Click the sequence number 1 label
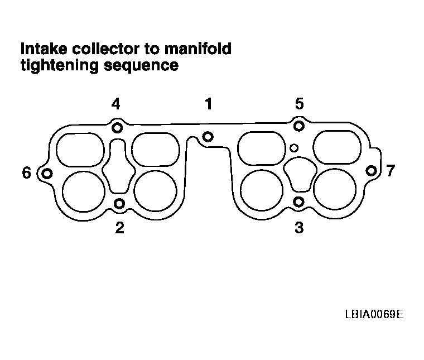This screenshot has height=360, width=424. tap(209, 104)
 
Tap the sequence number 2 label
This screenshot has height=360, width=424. tap(119, 228)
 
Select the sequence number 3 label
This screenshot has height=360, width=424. tap(299, 228)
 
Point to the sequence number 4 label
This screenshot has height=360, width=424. tap(115, 104)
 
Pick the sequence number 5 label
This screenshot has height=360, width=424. tap(300, 104)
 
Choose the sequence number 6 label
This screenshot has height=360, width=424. tap(27, 173)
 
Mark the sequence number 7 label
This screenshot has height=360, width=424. tap(390, 171)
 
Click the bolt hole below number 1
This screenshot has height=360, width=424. tap(208, 137)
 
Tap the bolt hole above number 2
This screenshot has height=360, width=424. tap(119, 203)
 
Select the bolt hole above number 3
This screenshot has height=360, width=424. tap(298, 202)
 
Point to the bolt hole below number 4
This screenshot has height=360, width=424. tap(117, 127)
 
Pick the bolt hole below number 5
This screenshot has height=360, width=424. tap(299, 126)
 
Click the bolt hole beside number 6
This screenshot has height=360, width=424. tap(47, 174)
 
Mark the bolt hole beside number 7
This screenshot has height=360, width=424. tap(371, 171)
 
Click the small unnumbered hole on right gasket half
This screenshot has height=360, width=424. tap(294, 148)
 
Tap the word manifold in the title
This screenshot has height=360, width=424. tap(197, 49)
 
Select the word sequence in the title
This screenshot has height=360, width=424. tap(141, 66)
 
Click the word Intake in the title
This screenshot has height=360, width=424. tap(44, 49)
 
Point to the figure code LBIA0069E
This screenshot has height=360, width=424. tap(374, 314)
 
